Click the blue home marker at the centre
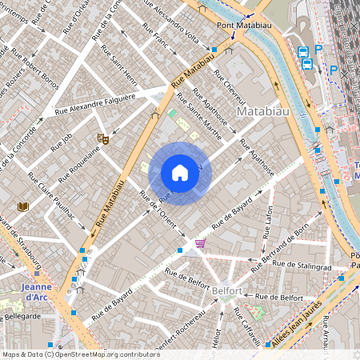click(180, 173)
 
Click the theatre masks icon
click(102, 138)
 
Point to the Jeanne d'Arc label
click(36, 293)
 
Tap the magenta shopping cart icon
click(200, 243)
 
